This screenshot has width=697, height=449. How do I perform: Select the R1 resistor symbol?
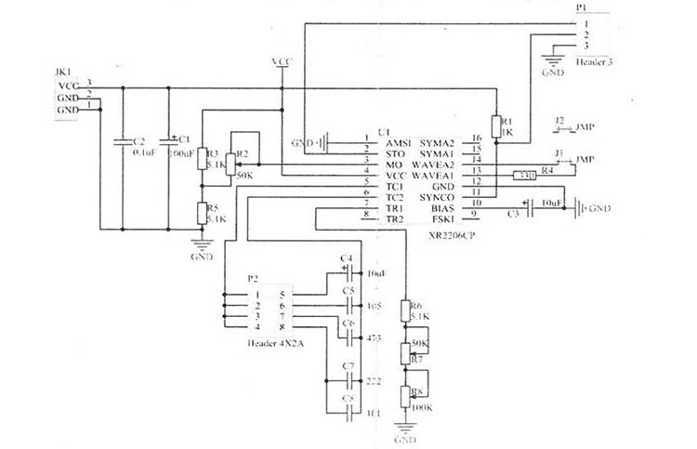click(497, 127)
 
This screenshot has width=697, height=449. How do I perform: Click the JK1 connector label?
click(63, 71)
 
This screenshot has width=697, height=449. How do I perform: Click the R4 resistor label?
click(547, 170)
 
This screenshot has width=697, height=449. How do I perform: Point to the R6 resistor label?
click(415, 305)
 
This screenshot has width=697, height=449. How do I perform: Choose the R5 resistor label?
click(212, 208)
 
